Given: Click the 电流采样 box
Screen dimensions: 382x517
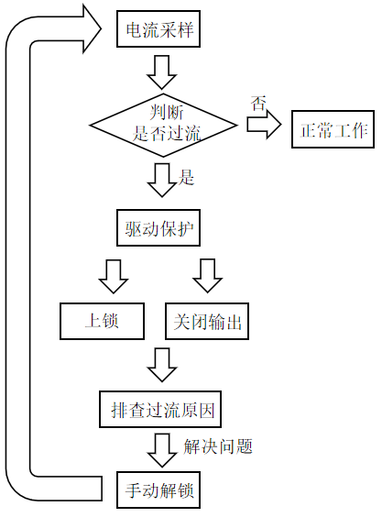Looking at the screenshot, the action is point(158,29).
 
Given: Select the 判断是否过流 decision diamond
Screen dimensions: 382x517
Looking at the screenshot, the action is point(163,126).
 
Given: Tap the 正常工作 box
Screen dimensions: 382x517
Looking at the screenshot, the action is point(333,129).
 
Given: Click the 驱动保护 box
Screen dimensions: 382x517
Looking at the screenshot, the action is point(158,228).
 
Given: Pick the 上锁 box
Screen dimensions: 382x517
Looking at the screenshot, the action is point(102,321).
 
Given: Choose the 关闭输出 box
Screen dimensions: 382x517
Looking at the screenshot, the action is point(207,321).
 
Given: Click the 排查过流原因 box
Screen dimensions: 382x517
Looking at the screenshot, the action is point(160,409).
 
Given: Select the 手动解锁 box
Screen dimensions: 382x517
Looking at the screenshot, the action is point(158,490).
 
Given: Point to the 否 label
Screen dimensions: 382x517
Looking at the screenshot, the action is point(258,104).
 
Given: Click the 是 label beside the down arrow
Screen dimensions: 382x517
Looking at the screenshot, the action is point(186,178).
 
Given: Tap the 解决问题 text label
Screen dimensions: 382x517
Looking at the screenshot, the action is point(218,446).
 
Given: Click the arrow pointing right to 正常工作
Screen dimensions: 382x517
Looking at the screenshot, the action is point(264,125).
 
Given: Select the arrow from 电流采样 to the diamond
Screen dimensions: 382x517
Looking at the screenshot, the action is point(161,72).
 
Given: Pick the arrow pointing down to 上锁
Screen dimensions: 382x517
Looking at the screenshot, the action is point(114,276).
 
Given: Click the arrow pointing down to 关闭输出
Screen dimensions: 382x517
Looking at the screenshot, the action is point(208,276).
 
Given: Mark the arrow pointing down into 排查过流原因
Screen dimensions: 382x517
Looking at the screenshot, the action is point(162,365).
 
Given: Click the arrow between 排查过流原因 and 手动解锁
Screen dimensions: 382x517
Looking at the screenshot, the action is point(162,450).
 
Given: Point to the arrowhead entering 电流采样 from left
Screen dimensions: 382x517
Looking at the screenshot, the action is point(92,29).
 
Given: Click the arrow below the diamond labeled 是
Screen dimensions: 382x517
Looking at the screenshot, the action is point(161,180).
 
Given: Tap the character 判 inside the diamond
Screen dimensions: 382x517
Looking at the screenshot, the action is point(158,112).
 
